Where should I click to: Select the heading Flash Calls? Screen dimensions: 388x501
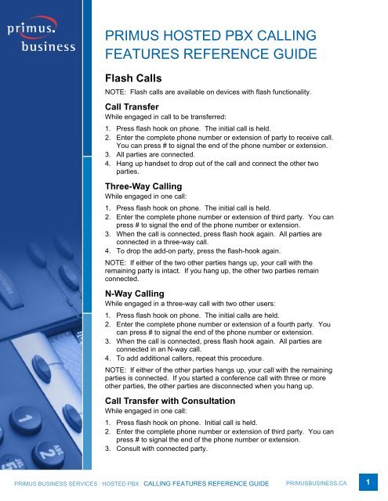tap(135, 78)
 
